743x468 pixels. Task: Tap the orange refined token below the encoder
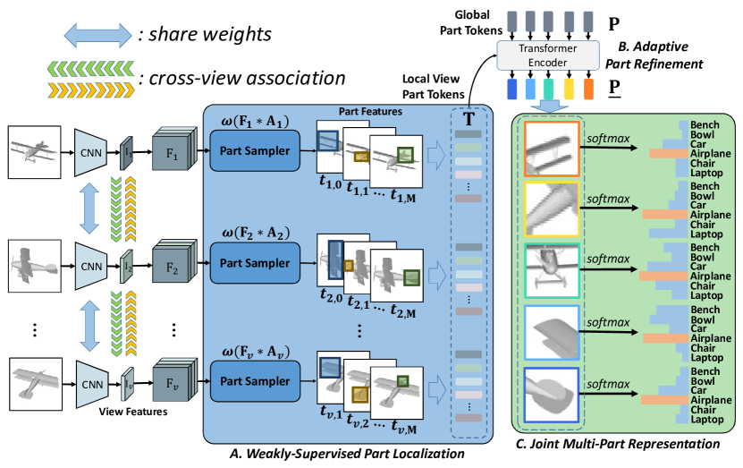[588, 89]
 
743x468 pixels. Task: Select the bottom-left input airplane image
[34, 379]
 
